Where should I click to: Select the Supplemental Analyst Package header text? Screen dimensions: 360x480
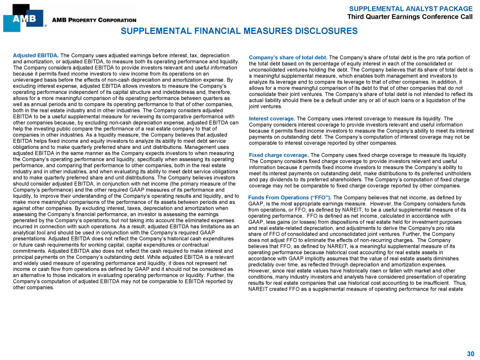tap(411, 9)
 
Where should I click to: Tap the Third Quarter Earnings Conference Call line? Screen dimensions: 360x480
tap(410, 17)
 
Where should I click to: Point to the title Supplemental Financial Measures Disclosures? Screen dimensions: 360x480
tap(239, 31)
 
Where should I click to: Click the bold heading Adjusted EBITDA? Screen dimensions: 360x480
tap(35, 55)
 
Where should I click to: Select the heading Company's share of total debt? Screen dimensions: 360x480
tap(288, 58)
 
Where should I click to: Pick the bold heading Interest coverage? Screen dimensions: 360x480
tap(272, 119)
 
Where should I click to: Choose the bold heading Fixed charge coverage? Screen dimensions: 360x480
tap(278, 155)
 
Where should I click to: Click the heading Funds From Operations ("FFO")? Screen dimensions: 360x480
tap(290, 198)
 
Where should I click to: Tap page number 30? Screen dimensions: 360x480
tap(470, 354)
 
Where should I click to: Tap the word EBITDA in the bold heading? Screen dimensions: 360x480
tap(48, 55)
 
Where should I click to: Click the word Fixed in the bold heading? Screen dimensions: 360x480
tap(257, 155)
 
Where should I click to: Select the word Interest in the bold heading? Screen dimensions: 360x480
tap(261, 119)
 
